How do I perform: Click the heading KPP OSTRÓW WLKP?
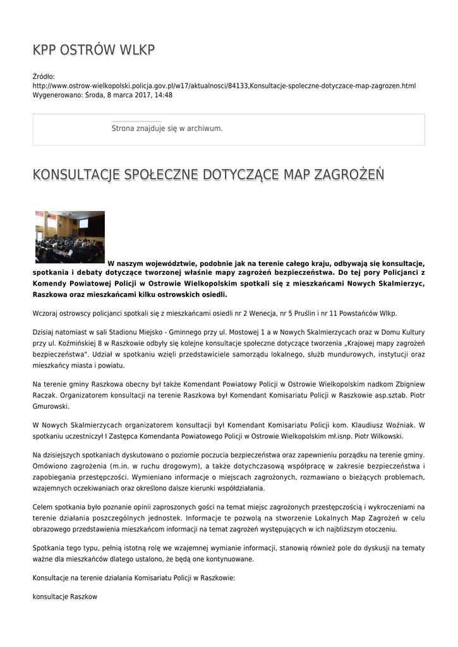coord(93,50)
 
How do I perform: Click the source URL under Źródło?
coord(224,85)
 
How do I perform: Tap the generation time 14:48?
coord(164,95)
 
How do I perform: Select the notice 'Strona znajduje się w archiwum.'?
coord(167,128)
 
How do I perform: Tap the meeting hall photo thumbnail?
coord(69,237)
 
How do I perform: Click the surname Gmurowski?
coord(52,406)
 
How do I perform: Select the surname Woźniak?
coord(391,425)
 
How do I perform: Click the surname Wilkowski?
coord(382,436)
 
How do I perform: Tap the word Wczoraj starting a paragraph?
coord(47,313)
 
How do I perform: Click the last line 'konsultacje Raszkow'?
coord(64,596)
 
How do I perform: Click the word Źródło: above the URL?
coord(44,76)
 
